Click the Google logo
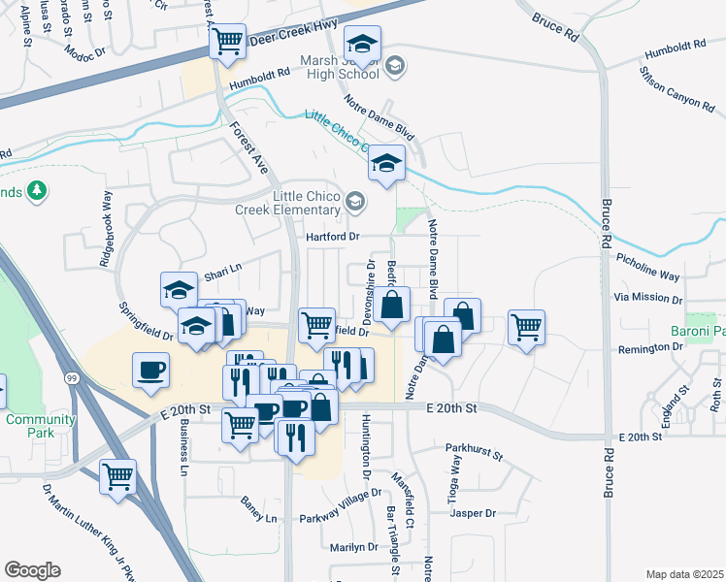click(x=32, y=570)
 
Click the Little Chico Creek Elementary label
click(x=296, y=203)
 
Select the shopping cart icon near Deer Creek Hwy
click(x=227, y=42)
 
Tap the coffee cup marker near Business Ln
click(x=151, y=372)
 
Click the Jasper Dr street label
click(x=474, y=513)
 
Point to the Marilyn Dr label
click(x=352, y=547)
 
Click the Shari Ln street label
click(x=221, y=268)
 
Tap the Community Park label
click(x=40, y=426)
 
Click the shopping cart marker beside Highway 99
click(x=117, y=477)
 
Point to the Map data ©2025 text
click(x=684, y=573)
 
